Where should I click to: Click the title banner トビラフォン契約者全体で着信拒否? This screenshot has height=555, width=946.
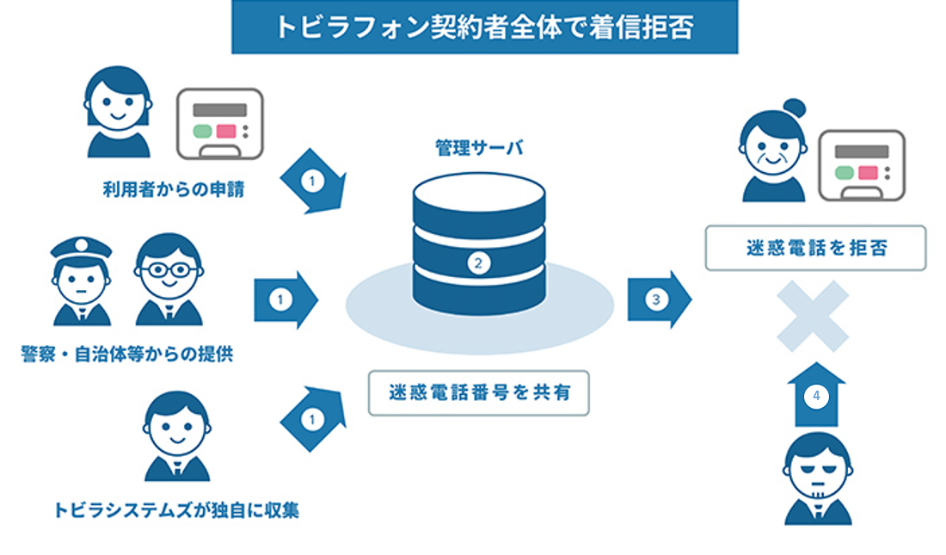[484, 27]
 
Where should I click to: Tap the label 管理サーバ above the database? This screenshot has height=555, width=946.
[478, 149]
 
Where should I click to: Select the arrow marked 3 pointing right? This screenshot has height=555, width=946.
[659, 299]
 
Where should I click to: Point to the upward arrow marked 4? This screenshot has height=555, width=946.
[816, 396]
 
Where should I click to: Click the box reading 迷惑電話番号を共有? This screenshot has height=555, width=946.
[478, 393]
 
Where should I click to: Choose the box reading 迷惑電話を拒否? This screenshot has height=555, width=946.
[815, 248]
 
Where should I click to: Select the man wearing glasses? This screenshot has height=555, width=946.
[169, 280]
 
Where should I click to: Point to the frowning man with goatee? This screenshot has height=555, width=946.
[818, 478]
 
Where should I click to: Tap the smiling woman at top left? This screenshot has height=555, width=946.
[118, 112]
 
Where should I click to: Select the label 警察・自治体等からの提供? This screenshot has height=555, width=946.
[126, 354]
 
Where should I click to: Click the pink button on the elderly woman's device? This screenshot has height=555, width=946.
[869, 172]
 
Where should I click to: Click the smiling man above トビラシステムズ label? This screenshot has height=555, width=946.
[177, 435]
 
